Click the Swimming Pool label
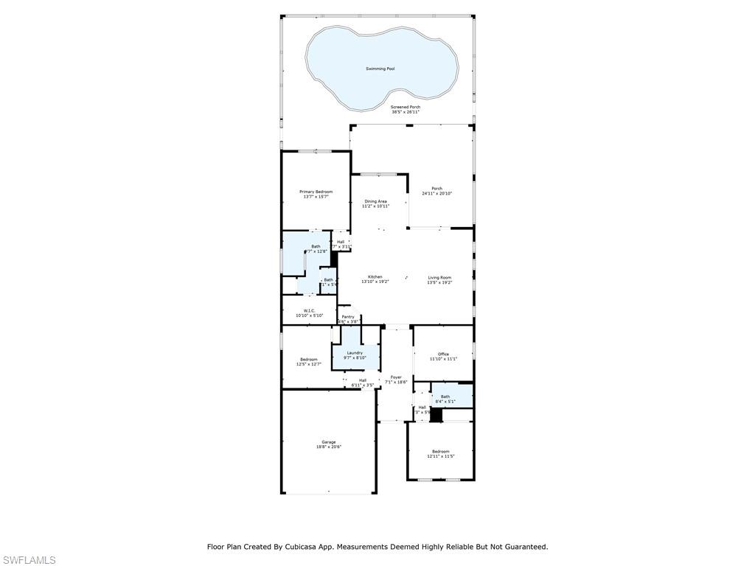tap(380, 69)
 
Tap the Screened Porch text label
tap(406, 107)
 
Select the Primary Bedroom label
tap(316, 192)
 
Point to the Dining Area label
tap(375, 201)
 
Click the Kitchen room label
tap(375, 277)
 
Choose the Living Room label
tap(439, 278)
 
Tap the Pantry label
tap(348, 317)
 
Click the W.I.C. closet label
tap(309, 311)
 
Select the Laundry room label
tap(355, 353)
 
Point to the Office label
tap(443, 354)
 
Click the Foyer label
tap(397, 377)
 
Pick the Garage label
tap(328, 442)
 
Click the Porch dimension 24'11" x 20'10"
tap(437, 194)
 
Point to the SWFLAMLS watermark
tap(29, 560)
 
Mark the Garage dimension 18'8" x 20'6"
tap(328, 447)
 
